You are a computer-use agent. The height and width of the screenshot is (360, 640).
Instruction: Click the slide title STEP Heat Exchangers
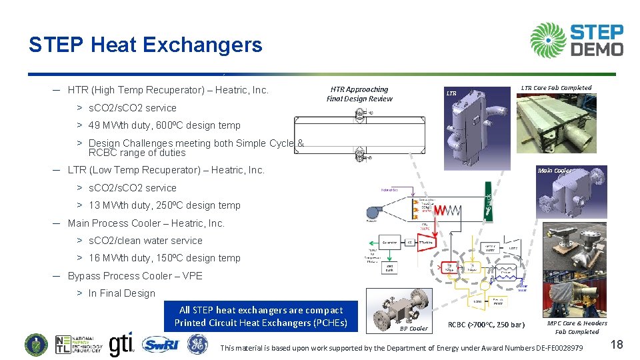click(x=145, y=45)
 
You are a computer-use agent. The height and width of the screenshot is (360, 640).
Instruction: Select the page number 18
click(x=617, y=344)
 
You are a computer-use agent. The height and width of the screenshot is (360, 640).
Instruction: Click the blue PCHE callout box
click(x=261, y=317)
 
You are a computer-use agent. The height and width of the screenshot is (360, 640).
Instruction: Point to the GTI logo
click(x=121, y=344)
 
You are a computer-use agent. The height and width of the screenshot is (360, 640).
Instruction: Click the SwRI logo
click(x=161, y=345)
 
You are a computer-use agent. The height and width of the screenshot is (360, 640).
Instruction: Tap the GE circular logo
click(x=196, y=345)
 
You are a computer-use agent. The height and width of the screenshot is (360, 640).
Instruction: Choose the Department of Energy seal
click(x=37, y=345)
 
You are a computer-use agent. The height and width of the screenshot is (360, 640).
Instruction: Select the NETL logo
click(x=79, y=345)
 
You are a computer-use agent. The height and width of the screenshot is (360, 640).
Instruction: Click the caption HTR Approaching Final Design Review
click(x=359, y=94)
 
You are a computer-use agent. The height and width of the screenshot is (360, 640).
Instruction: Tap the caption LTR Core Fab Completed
click(x=556, y=88)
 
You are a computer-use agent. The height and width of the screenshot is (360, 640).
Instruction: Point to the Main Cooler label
click(x=555, y=171)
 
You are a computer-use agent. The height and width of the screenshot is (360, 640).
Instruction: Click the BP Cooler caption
click(x=413, y=328)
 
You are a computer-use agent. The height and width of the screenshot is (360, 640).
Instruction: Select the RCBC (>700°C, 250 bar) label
click(x=486, y=325)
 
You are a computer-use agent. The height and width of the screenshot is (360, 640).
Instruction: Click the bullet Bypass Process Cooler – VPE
click(x=135, y=275)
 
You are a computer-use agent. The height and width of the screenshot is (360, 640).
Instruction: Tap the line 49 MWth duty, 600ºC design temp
click(x=164, y=125)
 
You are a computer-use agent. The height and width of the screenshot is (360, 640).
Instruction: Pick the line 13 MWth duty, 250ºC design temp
click(x=164, y=205)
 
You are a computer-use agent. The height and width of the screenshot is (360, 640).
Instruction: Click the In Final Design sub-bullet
click(x=121, y=293)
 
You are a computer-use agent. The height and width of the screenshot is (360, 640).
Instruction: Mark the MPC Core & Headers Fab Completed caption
click(x=577, y=327)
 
